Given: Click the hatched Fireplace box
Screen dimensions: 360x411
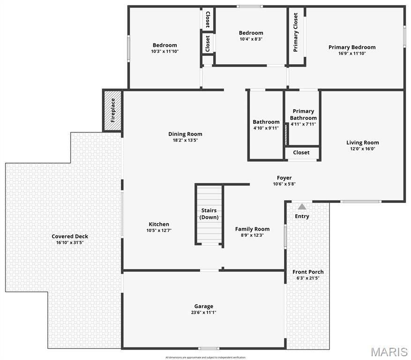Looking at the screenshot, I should pos(112,111).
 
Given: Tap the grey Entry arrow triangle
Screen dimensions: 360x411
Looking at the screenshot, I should pos(302,206).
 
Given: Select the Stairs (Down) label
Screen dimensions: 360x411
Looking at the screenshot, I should pos(209,214).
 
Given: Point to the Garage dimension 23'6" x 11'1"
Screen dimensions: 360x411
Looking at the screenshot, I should pos(204,312).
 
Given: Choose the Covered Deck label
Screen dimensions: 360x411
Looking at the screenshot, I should pos(70,236).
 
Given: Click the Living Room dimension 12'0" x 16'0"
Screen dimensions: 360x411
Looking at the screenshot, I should pos(362,149).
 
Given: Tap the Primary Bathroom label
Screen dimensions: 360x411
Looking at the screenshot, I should pos(303,115).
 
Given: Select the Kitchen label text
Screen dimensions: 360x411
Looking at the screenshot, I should pos(159,224).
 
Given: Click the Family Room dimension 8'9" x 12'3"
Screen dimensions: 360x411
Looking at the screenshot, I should pos(252,235).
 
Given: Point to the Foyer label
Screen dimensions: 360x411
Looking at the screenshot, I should pos(284,178).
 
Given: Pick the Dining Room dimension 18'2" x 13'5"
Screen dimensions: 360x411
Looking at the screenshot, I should pos(185,140).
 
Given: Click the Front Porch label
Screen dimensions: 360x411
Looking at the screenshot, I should pos(308,272).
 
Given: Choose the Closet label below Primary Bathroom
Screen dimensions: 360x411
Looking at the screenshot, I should pos(301,152).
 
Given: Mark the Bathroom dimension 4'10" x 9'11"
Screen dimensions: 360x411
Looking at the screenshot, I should pos(266,128).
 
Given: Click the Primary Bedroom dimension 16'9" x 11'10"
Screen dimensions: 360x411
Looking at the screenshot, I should pos(352,53).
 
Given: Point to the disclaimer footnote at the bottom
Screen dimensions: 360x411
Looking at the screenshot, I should pos(205,358).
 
